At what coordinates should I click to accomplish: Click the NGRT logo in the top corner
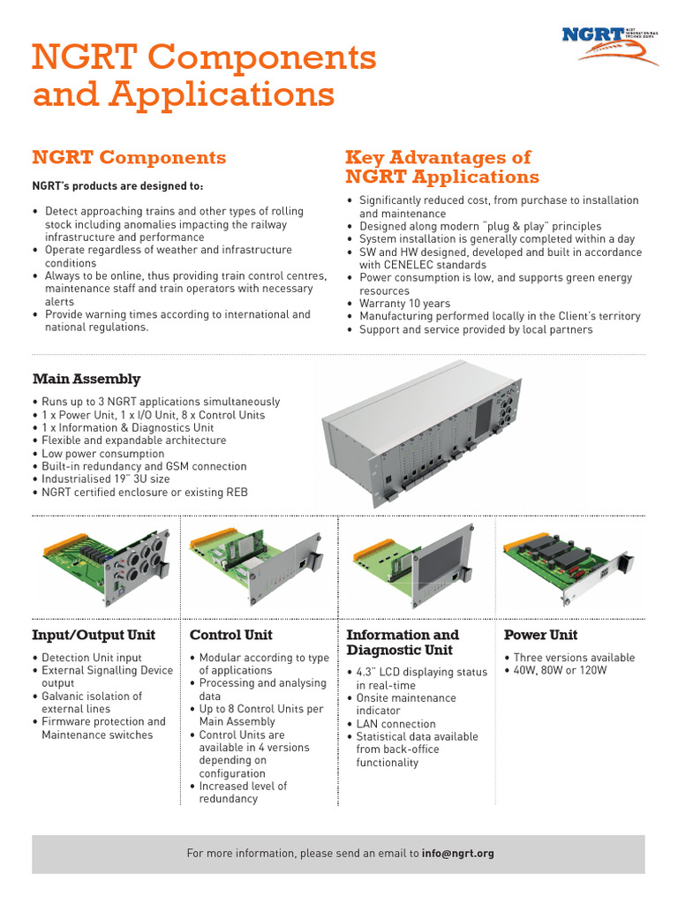pos(610,45)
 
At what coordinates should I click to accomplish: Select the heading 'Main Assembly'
pos(87,379)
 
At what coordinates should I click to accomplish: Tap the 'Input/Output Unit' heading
pos(94,635)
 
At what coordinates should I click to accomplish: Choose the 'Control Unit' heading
pos(231,635)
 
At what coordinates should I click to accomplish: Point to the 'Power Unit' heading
pos(540,635)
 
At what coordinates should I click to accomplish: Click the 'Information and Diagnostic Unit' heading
pos(403,643)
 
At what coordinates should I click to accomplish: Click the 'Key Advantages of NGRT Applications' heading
pos(441,167)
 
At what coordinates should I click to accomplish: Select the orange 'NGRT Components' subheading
pos(129,158)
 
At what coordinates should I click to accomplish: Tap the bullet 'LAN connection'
pos(395,724)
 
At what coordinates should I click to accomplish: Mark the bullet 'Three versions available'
pos(574,658)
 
